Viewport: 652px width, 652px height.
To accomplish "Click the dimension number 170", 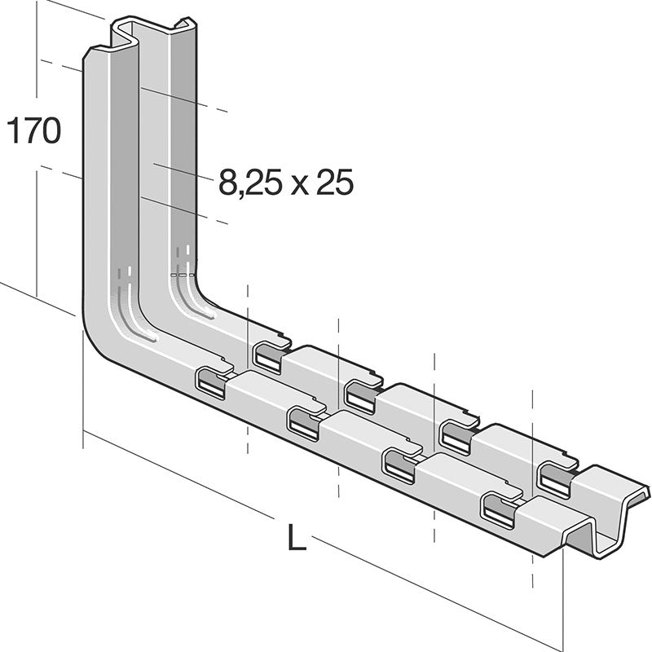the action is pyautogui.click(x=33, y=131).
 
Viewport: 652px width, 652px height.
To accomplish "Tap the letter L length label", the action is pyautogui.click(x=297, y=539).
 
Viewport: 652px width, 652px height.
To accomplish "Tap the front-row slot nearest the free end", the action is pyautogui.click(x=500, y=509).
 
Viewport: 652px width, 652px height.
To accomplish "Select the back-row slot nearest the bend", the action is pyautogui.click(x=267, y=357).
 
